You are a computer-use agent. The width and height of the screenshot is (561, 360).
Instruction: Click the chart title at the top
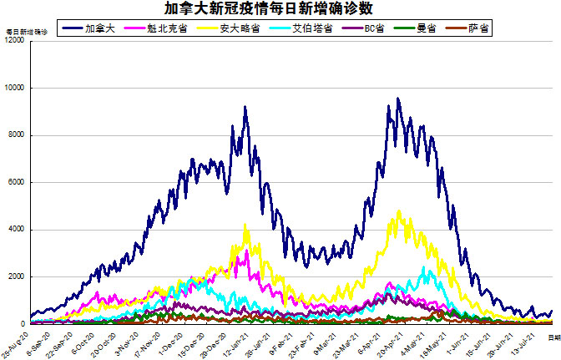point(280,8)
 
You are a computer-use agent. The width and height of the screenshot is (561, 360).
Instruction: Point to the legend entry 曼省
point(425,28)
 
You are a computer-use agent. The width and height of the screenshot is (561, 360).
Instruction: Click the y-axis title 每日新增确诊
point(27,31)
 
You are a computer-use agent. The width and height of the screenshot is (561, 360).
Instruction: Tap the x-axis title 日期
point(553,335)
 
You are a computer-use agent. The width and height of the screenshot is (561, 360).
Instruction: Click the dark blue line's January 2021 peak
point(245,107)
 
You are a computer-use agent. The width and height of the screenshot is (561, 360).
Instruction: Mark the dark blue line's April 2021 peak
point(398,99)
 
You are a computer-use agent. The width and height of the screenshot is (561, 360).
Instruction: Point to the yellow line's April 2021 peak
point(399,211)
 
